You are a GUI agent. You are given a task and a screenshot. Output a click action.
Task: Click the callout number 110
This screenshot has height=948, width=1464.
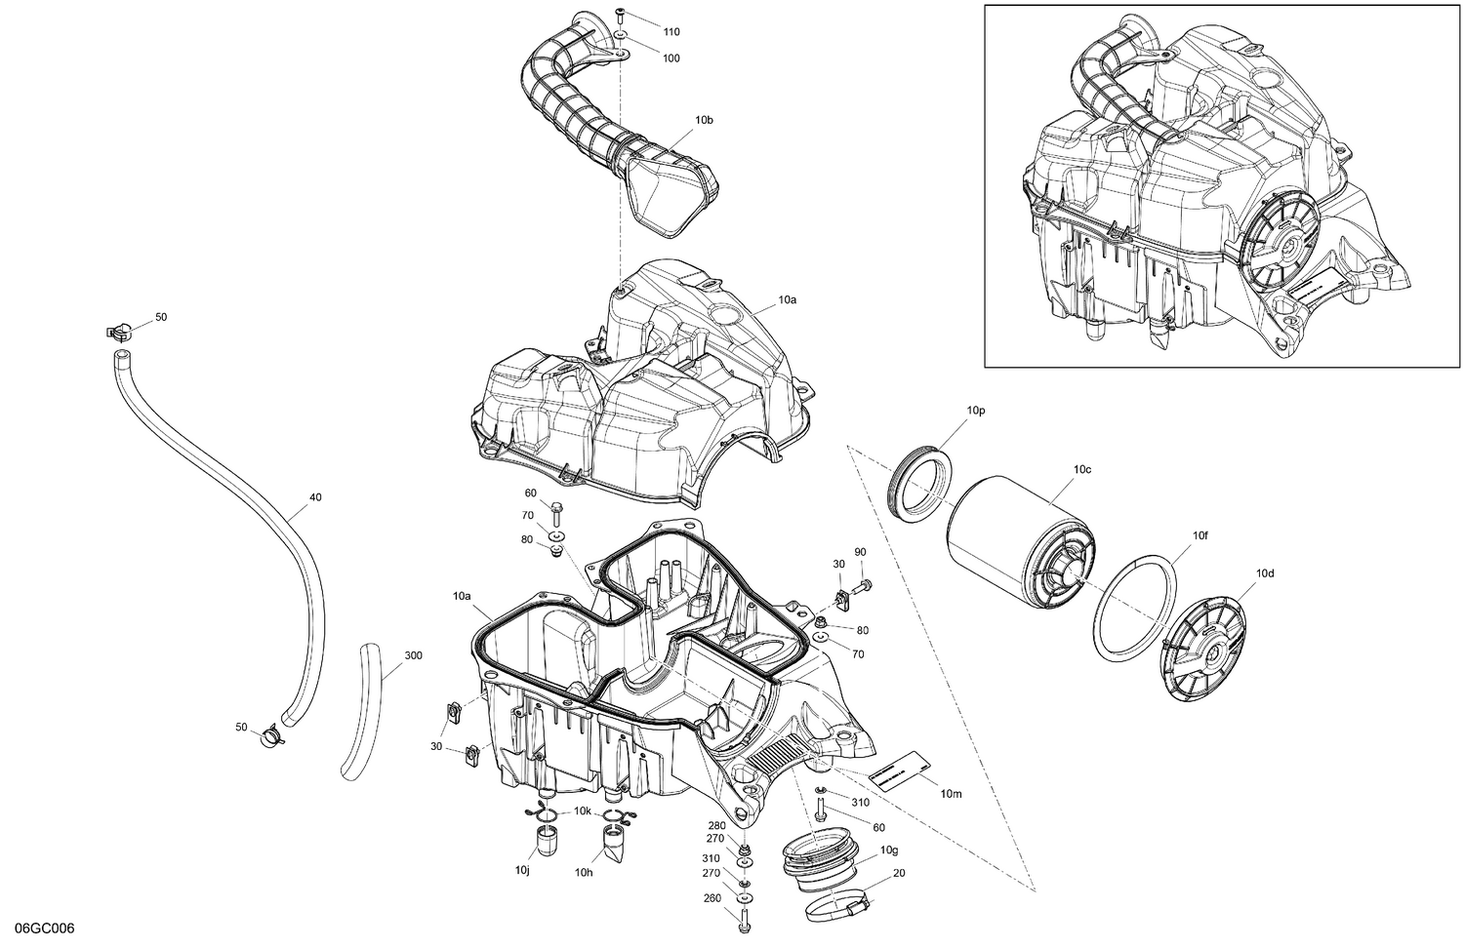tap(671, 32)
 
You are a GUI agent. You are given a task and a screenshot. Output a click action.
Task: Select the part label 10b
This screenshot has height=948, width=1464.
tap(704, 120)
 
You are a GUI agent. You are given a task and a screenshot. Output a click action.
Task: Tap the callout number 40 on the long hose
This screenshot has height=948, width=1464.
tap(315, 497)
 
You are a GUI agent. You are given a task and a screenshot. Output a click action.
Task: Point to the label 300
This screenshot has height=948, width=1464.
tap(413, 655)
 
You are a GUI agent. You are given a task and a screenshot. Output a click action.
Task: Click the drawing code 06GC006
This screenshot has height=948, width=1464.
tap(38, 928)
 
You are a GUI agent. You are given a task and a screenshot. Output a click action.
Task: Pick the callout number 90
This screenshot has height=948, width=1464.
tap(860, 553)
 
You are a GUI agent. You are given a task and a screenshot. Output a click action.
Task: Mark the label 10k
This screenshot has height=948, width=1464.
tap(582, 811)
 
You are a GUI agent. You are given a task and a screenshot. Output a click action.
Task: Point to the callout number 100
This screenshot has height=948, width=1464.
tap(671, 59)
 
